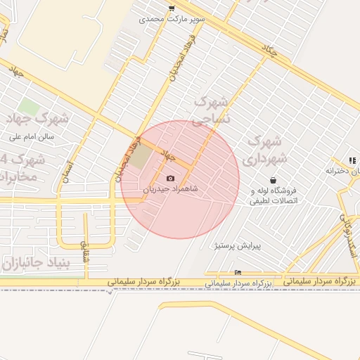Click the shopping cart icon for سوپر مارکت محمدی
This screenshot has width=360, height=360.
point(172,8)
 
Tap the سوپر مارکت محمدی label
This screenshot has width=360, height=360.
point(172,19)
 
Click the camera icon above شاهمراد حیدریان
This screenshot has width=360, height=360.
point(170,179)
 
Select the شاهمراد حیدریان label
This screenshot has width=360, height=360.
point(170,189)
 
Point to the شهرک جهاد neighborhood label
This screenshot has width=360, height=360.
point(34,117)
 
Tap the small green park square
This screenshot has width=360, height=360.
point(28,107)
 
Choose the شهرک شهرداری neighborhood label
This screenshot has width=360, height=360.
point(267,148)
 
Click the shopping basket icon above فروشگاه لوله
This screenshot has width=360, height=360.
point(273,180)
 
